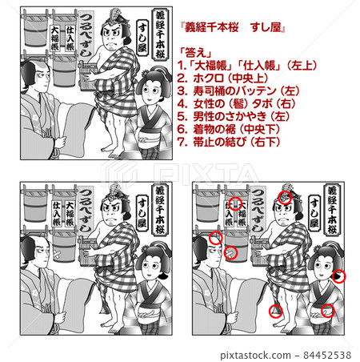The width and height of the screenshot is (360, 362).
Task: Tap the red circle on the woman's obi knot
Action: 326,311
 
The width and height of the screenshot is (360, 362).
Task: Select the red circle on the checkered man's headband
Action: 286,197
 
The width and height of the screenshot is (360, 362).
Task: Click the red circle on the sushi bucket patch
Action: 231,254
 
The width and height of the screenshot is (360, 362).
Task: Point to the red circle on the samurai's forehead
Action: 215,238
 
